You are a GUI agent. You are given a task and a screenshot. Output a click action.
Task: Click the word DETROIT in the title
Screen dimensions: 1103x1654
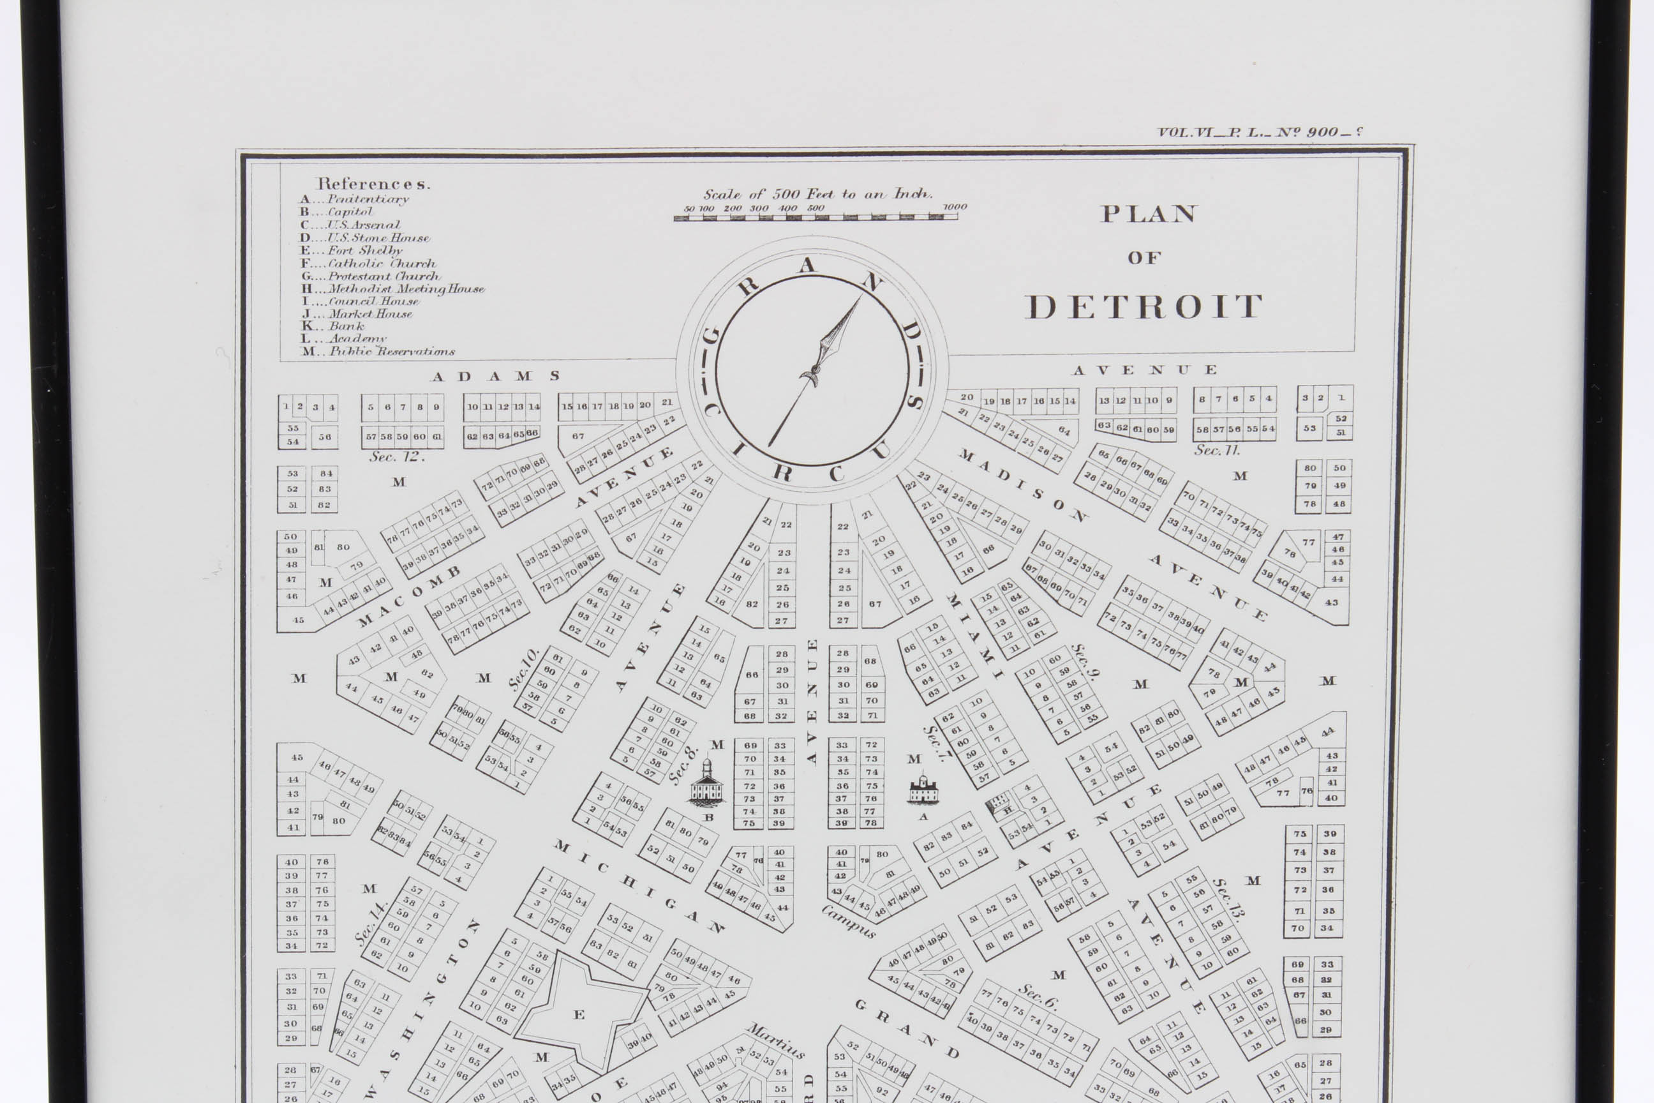(1144, 306)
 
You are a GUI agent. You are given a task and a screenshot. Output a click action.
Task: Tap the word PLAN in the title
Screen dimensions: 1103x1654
(1149, 214)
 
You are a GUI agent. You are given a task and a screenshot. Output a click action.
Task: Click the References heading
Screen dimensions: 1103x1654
(373, 184)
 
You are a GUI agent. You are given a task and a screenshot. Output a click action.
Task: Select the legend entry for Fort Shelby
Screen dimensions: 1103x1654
(352, 250)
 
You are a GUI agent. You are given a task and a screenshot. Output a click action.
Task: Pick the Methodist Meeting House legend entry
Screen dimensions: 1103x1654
(394, 289)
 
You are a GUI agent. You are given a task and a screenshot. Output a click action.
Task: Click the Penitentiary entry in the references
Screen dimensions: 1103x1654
(355, 199)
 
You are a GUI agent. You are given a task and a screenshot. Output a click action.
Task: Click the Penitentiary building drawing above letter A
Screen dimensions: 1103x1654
(923, 789)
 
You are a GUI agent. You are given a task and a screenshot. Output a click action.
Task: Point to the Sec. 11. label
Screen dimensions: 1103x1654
(1218, 449)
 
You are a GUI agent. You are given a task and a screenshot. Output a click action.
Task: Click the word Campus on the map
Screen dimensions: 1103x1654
(849, 922)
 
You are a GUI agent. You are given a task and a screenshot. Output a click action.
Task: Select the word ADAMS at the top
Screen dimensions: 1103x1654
(496, 377)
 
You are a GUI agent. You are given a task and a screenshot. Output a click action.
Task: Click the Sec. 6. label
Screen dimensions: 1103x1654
(1038, 995)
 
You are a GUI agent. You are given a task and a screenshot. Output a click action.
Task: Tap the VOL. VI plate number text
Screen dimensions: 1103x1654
(1259, 131)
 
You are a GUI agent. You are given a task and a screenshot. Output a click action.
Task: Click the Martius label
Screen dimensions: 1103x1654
(776, 1040)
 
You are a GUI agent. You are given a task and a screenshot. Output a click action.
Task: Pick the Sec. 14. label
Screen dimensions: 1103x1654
(371, 923)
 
